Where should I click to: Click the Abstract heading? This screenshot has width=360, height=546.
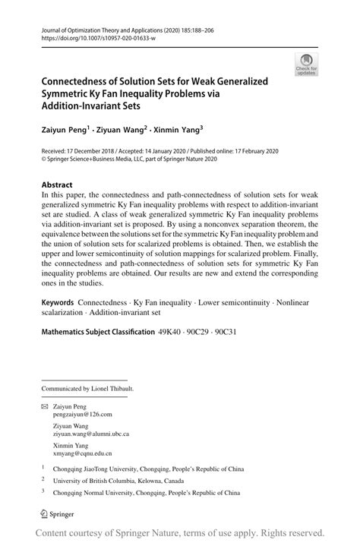(57, 185)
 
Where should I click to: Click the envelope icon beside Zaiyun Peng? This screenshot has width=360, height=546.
(45, 406)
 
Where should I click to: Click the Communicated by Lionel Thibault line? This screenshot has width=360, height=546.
(84, 389)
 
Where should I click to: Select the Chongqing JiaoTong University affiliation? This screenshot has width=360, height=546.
(150, 469)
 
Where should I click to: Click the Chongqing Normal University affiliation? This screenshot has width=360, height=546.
(147, 491)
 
